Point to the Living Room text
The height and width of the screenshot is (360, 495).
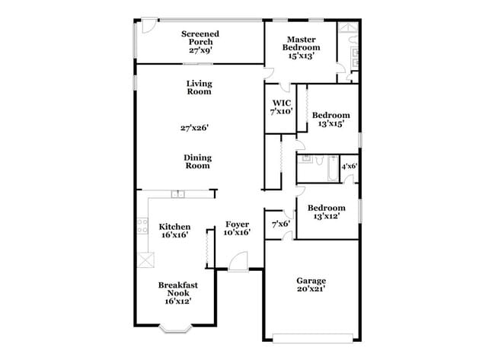coord(199,88)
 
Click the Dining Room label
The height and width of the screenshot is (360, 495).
coord(196,161)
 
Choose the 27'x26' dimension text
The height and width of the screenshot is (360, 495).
coord(195,129)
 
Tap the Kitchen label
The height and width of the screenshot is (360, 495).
coord(174,231)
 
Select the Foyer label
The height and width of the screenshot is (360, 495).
coord(238,228)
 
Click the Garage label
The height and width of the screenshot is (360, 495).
coord(311,285)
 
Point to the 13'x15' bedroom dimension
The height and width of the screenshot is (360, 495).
coord(331,124)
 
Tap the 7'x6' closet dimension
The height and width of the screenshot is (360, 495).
coord(280,224)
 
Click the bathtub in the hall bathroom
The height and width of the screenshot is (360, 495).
coord(332,169)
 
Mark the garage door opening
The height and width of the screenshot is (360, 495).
coord(311,337)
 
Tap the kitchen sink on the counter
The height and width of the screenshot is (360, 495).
coord(177,194)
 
